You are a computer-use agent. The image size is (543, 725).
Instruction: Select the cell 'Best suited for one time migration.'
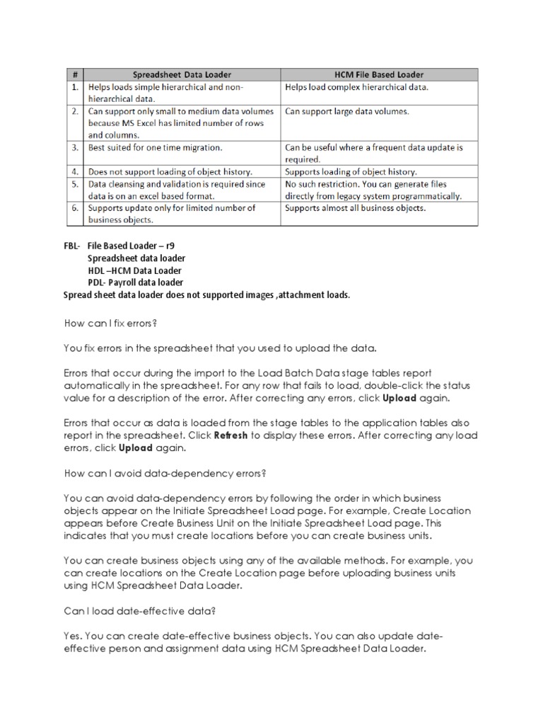coord(155,147)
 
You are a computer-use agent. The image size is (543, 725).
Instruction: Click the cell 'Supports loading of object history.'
coord(351,171)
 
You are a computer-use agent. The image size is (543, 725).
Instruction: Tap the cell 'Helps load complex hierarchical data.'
coord(356,87)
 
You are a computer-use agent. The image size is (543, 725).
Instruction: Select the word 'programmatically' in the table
coord(428,195)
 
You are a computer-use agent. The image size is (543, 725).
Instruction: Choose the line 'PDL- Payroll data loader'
coord(135,282)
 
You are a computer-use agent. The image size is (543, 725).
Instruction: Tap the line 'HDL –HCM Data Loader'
coord(134,270)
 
